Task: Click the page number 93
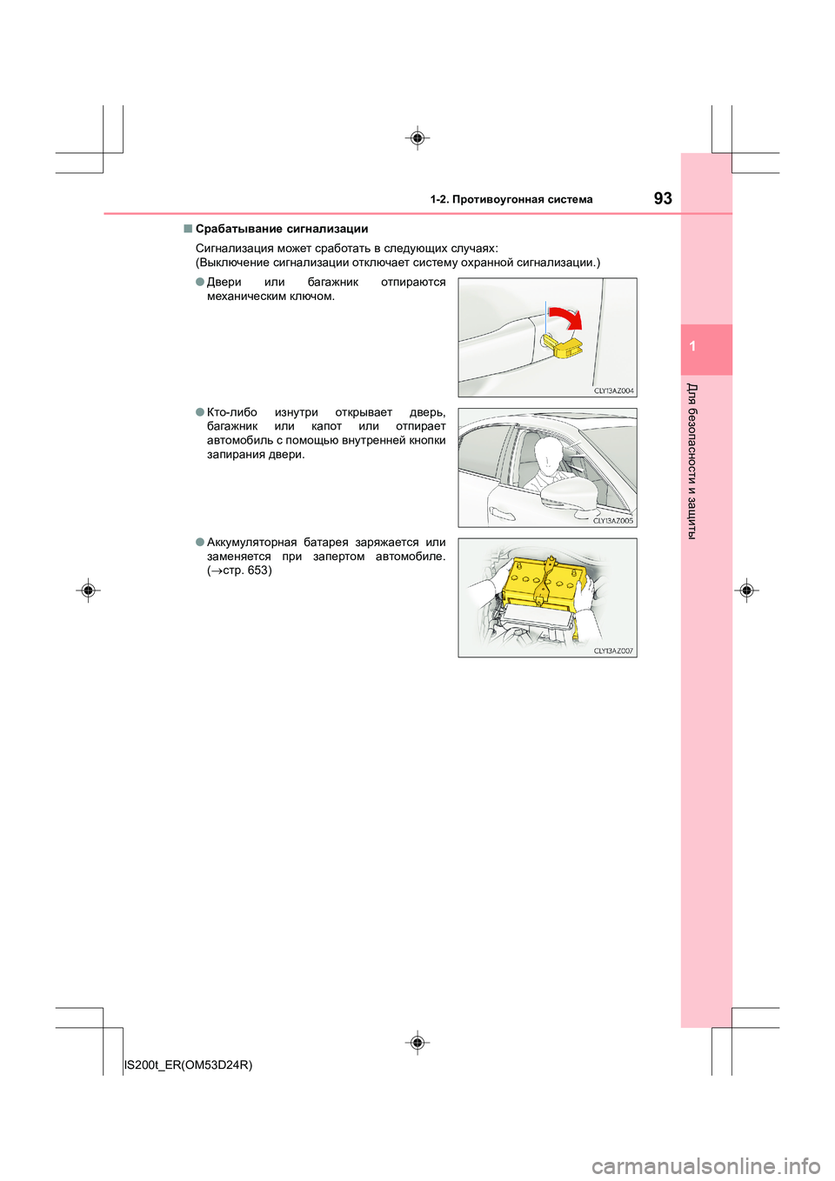(663, 198)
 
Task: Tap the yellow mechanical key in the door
(563, 345)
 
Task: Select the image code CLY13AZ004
(614, 390)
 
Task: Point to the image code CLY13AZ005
(613, 521)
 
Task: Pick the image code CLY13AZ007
(613, 651)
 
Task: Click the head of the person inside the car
(548, 452)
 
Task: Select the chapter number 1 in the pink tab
(692, 346)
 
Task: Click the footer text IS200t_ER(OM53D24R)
(189, 1064)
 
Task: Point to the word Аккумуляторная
(251, 543)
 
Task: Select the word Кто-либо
(232, 412)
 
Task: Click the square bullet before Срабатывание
(187, 229)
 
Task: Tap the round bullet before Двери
(200, 282)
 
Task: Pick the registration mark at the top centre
(417, 138)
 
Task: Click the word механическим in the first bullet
(246, 297)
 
